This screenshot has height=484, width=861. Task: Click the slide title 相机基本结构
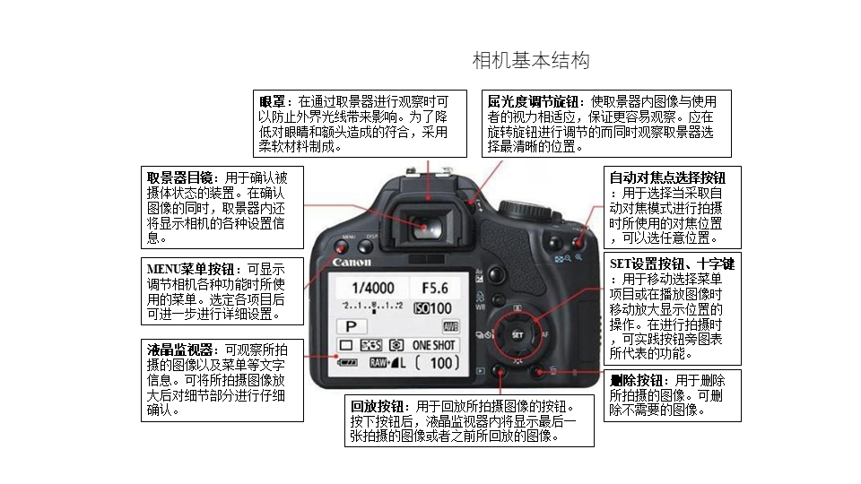click(x=531, y=60)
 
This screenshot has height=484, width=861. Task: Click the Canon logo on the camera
click(x=352, y=262)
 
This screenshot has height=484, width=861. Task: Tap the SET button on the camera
click(x=517, y=334)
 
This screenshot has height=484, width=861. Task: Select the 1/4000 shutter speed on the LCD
click(x=373, y=288)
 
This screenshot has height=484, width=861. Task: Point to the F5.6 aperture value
click(x=435, y=288)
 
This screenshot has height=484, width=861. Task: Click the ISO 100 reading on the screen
click(x=432, y=308)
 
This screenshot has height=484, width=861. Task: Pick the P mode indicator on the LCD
click(x=351, y=326)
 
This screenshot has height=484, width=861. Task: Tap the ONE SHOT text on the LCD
click(x=434, y=345)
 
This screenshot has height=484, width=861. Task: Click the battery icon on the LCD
click(x=347, y=363)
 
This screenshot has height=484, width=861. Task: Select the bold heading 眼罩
click(x=273, y=101)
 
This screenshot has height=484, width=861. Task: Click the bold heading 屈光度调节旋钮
click(x=533, y=101)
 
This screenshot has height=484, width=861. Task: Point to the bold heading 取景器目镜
click(x=179, y=177)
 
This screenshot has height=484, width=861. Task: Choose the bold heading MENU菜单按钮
click(x=190, y=270)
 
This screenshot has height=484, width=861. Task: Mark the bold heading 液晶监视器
click(x=179, y=350)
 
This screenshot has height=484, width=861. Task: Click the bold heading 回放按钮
click(x=377, y=407)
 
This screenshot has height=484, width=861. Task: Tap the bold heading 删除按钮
click(x=637, y=380)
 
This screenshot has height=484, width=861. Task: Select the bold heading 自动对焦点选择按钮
click(x=667, y=177)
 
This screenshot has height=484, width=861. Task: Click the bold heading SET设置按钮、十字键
click(x=672, y=264)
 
